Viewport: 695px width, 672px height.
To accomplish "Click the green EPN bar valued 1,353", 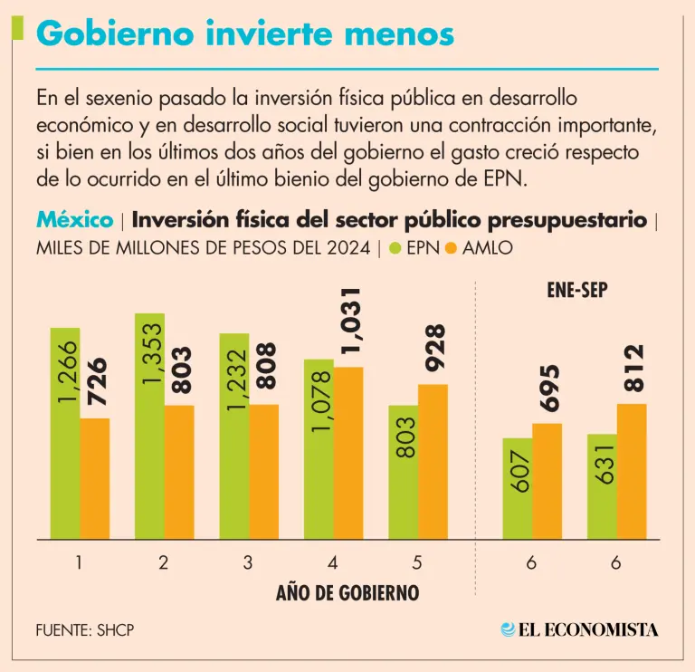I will (x=149, y=426).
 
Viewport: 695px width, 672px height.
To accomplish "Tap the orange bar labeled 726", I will (x=94, y=478).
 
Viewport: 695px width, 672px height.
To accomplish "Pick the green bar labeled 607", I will (x=518, y=489).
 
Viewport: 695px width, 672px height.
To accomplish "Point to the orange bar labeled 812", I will (x=632, y=471).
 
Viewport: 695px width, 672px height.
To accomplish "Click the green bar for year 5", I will (x=404, y=471).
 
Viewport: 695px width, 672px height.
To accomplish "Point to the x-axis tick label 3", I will (x=248, y=562).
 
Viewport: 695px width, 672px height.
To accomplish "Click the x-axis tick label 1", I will (x=80, y=562).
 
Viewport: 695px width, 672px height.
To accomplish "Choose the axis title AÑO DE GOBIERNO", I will (x=347, y=594).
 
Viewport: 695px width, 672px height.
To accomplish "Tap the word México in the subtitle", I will (x=74, y=220).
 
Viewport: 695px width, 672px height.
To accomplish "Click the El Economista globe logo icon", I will (x=508, y=629).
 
